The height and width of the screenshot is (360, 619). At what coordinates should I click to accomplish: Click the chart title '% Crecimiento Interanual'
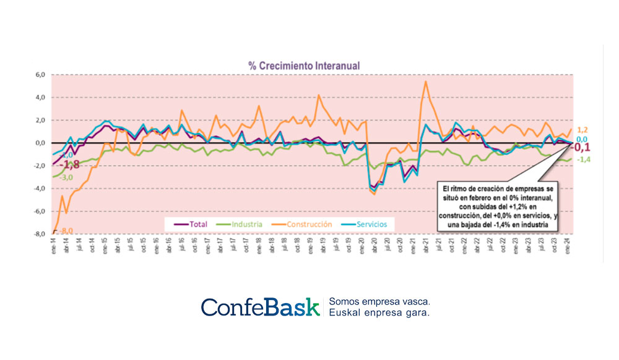coord(304,65)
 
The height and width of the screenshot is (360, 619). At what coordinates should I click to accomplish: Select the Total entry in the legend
coord(194,223)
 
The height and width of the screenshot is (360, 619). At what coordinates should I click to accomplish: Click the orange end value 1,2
coord(582,130)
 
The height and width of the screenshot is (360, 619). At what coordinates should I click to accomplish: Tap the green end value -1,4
coord(582,160)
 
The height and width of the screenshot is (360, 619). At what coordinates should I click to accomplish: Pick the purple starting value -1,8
coord(69,165)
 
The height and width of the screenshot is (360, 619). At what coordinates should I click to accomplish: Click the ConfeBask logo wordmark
coord(259,307)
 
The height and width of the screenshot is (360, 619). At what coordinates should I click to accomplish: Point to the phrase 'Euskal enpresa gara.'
coord(379,313)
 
